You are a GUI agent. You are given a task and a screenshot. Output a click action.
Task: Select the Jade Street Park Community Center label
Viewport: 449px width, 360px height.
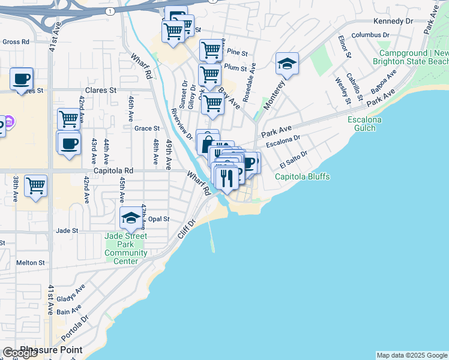click(x=126, y=248)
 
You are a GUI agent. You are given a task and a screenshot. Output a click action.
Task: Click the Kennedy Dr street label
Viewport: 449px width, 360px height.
click(x=393, y=21)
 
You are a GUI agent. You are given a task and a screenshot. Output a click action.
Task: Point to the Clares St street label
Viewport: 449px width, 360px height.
click(x=100, y=91)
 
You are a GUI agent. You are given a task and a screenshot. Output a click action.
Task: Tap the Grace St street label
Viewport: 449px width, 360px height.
click(x=146, y=128)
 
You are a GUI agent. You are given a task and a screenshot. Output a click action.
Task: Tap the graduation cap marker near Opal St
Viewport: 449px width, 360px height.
click(x=131, y=218)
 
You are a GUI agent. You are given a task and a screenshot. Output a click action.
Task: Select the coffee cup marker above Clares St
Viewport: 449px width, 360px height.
click(x=22, y=79)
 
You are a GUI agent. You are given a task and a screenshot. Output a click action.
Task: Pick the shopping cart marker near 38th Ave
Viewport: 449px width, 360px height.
click(x=36, y=185)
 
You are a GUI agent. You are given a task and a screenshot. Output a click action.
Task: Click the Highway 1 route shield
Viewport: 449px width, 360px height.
click(x=109, y=11)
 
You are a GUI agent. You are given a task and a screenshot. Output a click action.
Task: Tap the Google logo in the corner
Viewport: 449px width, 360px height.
click(x=20, y=353)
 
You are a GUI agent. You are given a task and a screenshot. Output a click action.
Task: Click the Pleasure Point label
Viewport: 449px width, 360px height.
click(x=51, y=349)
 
